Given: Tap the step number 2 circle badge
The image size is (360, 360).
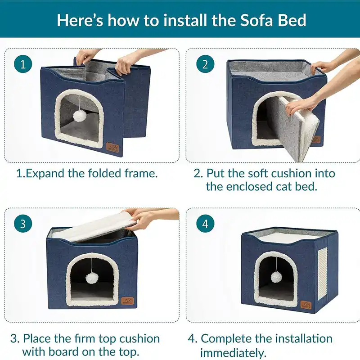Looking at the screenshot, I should coord(205,64).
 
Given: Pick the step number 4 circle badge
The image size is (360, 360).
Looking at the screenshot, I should coord(205,224).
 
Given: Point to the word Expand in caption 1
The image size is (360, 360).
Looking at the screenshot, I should coord(45,173).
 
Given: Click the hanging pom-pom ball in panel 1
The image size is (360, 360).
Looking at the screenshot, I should coord(80,116).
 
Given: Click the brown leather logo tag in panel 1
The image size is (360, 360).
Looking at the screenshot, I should coord(112,147).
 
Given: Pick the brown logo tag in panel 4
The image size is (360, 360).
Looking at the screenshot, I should coord(306,305).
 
